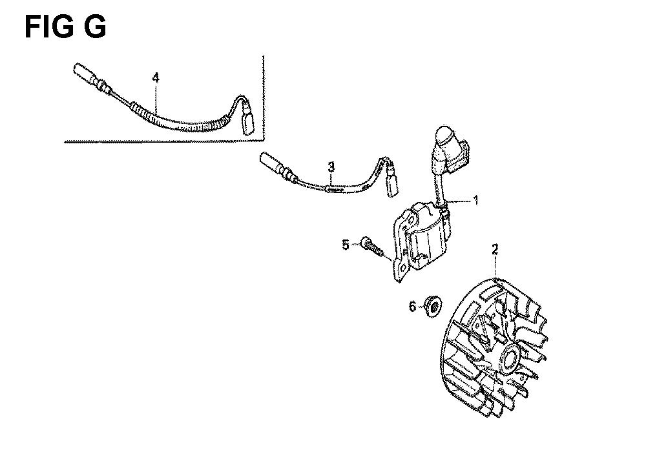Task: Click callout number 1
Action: [476, 201]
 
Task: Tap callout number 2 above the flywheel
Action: [495, 249]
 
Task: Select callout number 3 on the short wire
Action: [331, 167]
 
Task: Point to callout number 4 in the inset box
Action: [155, 77]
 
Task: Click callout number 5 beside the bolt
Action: [345, 245]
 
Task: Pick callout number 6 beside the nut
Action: [412, 306]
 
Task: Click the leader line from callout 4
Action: [156, 99]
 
